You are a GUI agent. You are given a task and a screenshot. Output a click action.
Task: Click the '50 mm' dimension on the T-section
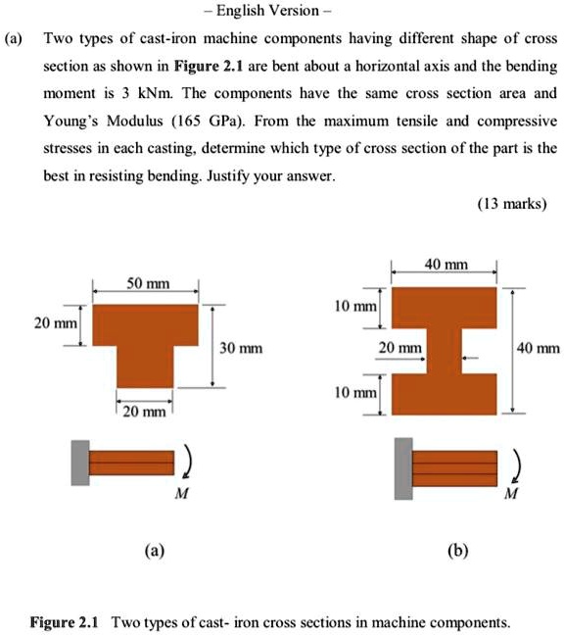tap(146, 284)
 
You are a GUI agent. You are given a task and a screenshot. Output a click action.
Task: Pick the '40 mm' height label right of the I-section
tap(539, 347)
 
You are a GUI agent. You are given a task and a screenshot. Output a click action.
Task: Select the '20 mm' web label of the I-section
tap(400, 348)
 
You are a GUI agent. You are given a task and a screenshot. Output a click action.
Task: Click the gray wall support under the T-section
tap(79, 462)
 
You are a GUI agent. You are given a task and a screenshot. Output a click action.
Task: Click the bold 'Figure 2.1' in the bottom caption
tap(66, 622)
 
